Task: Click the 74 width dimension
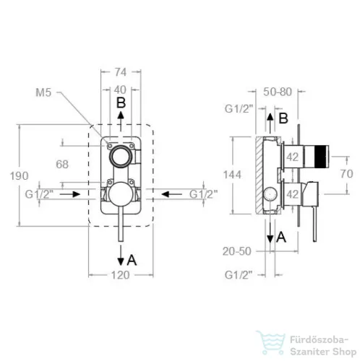pyautogui.click(x=121, y=72)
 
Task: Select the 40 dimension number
pyautogui.click(x=120, y=90)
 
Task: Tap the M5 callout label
pyautogui.click(x=43, y=92)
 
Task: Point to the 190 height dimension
pyautogui.click(x=20, y=176)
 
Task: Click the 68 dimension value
pyautogui.click(x=62, y=165)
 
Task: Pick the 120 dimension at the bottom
pyautogui.click(x=121, y=275)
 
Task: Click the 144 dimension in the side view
pyautogui.click(x=232, y=175)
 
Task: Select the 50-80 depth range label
pyautogui.click(x=278, y=92)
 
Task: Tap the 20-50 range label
pyautogui.click(x=237, y=251)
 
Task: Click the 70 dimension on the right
pyautogui.click(x=347, y=173)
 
